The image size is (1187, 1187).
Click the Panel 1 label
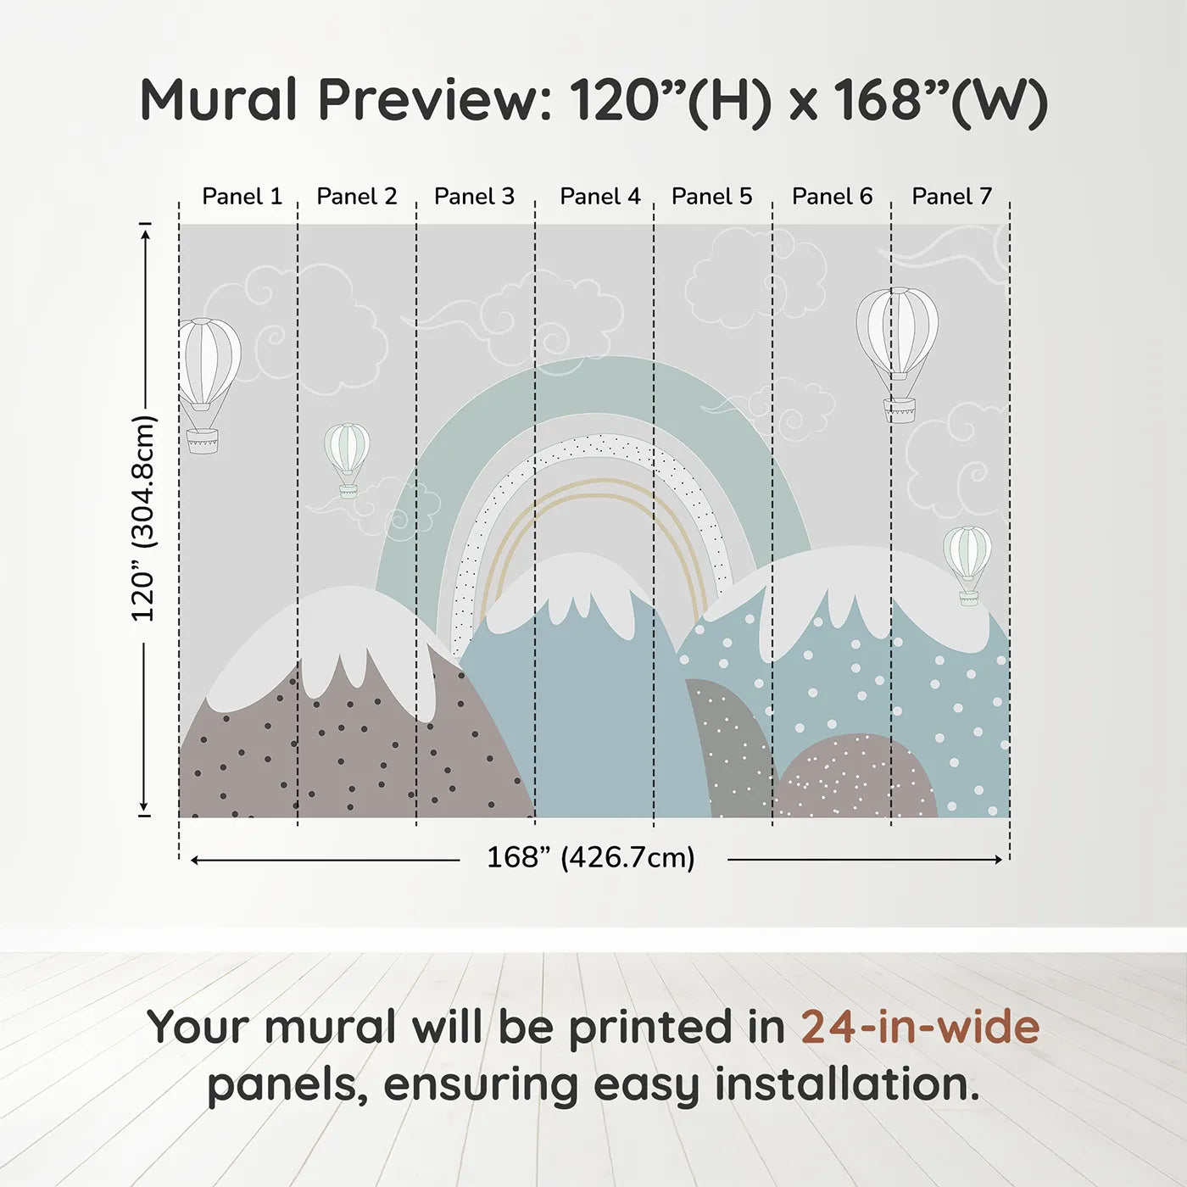pyautogui.click(x=242, y=197)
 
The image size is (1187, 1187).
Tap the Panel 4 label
pyautogui.click(x=600, y=197)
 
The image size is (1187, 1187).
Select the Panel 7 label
pyautogui.click(x=951, y=197)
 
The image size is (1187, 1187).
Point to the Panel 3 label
pyautogui.click(x=474, y=197)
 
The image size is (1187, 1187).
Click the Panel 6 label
pyautogui.click(x=833, y=197)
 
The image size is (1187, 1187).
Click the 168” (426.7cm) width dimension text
pyautogui.click(x=591, y=857)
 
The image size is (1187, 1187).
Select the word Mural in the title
pyautogui.click(x=219, y=100)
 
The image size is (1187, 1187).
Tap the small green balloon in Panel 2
pyautogui.click(x=348, y=460)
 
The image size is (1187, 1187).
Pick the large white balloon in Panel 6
pyautogui.click(x=898, y=354)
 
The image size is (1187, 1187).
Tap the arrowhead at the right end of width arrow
pyautogui.click(x=999, y=859)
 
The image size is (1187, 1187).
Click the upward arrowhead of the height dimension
pyautogui.click(x=145, y=233)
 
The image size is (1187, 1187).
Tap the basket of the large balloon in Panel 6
pyautogui.click(x=900, y=410)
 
